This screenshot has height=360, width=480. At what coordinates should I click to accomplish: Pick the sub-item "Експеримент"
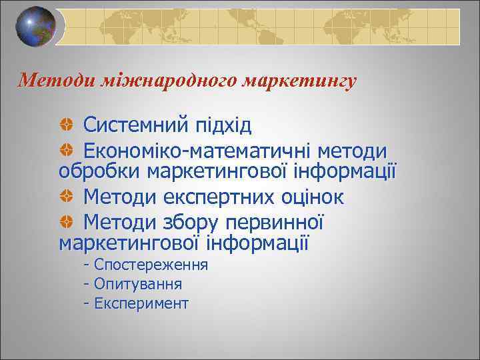[x=141, y=304]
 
